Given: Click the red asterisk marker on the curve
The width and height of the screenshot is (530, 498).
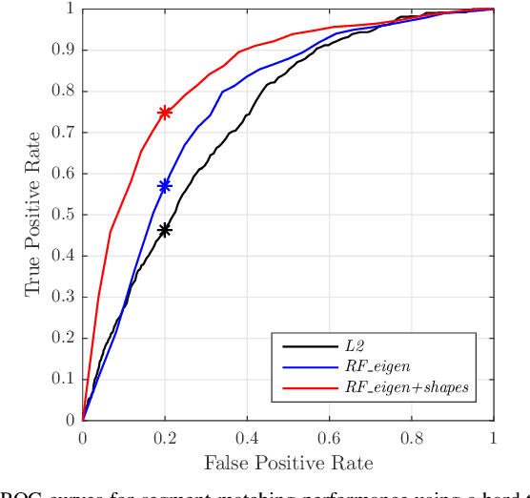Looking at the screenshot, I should [165, 113].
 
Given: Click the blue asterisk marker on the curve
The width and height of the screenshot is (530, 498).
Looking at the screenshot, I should [165, 186].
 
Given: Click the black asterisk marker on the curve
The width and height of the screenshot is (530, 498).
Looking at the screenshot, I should [165, 230].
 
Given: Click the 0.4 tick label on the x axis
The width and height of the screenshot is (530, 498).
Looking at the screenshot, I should [247, 437].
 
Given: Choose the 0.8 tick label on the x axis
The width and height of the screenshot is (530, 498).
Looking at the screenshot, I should [412, 437].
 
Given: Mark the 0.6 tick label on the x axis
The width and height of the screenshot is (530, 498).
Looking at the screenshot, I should [330, 437].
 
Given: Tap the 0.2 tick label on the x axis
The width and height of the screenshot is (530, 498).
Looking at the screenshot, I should [165, 437].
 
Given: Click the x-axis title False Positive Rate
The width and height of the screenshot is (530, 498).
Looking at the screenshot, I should [288, 463].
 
